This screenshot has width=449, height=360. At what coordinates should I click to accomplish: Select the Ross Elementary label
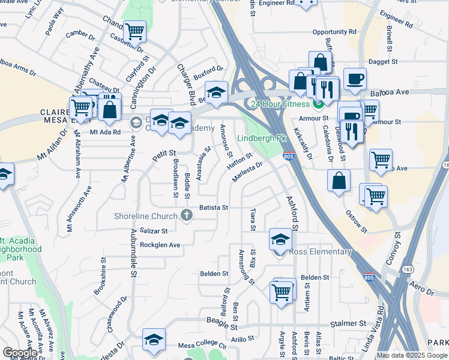click(320, 252)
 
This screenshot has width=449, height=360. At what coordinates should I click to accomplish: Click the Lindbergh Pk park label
click(262, 139)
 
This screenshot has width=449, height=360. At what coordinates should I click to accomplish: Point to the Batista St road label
click(214, 208)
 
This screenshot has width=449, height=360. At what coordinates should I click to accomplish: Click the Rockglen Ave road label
click(160, 245)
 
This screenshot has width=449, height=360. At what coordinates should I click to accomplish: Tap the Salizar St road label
click(154, 230)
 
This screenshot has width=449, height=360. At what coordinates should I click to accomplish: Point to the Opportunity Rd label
click(334, 32)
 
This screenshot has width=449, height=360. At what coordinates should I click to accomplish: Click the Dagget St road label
click(383, 61)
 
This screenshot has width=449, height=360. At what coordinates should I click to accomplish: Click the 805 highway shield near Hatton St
click(288, 157)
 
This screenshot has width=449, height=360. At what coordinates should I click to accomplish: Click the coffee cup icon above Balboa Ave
click(355, 79)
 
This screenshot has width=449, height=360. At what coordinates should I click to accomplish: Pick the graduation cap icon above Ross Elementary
click(280, 239)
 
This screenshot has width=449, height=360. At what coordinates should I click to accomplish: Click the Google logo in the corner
click(20, 353)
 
